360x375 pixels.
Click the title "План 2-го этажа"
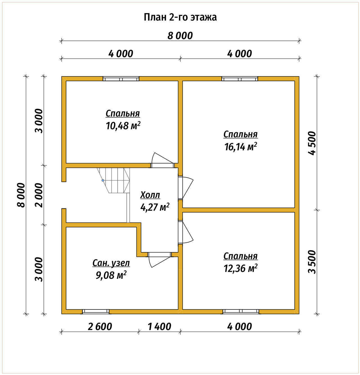180,17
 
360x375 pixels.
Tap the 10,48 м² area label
123,126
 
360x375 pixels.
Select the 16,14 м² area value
240,147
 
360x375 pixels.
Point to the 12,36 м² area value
240,268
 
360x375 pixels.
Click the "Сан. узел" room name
111,263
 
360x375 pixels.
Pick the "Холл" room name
150,195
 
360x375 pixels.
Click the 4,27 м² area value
155,207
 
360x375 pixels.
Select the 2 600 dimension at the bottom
100,326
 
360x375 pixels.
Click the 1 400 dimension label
159,326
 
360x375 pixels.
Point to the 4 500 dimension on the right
312,143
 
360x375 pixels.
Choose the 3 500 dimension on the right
312,262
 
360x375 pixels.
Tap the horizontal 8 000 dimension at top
180,36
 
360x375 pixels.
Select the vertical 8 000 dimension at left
21,195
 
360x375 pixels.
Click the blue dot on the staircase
103,180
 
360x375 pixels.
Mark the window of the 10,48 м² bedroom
121,79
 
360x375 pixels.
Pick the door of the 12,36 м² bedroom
185,233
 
